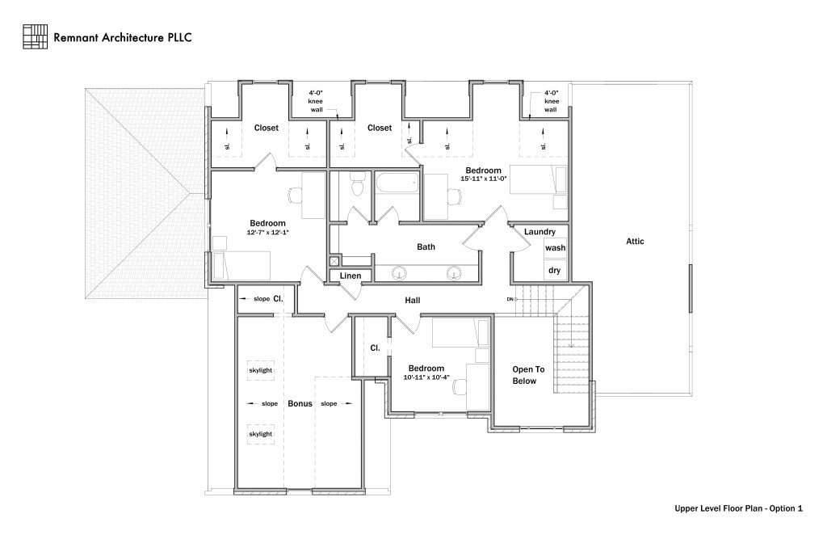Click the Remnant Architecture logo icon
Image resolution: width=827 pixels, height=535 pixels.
[x=36, y=36]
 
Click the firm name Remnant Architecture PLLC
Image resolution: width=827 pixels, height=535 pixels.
[x=122, y=37]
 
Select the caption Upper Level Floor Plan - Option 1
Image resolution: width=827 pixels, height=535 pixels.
[x=738, y=509]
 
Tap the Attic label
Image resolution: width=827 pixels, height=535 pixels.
[x=635, y=241]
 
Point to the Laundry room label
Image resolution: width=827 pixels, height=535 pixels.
[x=539, y=232]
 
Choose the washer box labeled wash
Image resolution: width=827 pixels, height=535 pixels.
[x=555, y=248]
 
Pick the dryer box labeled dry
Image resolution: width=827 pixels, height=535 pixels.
[x=555, y=271]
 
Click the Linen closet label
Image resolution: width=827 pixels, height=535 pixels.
[x=351, y=276]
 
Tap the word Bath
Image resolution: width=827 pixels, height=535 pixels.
[x=426, y=246]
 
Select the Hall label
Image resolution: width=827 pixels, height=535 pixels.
[x=413, y=301]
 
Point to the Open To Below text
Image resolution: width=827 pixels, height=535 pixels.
[x=528, y=375]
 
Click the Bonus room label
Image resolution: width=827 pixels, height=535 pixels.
[x=300, y=403]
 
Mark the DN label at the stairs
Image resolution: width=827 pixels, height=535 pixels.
[x=510, y=300]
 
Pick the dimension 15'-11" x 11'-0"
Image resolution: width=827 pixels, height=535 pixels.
[x=483, y=179]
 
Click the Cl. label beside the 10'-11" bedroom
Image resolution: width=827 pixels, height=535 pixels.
[x=375, y=348]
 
